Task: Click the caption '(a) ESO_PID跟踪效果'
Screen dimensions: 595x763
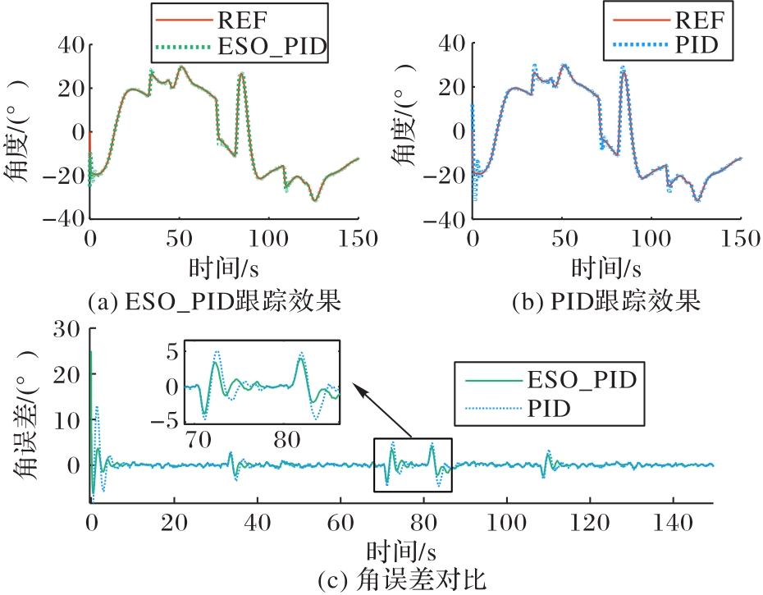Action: [x=213, y=302]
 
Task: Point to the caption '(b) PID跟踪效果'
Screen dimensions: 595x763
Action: [x=605, y=302]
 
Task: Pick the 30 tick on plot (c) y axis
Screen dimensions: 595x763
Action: [x=67, y=330]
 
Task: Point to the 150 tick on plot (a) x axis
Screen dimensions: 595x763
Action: [x=358, y=240]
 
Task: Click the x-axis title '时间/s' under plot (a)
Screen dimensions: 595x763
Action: [x=224, y=268]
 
